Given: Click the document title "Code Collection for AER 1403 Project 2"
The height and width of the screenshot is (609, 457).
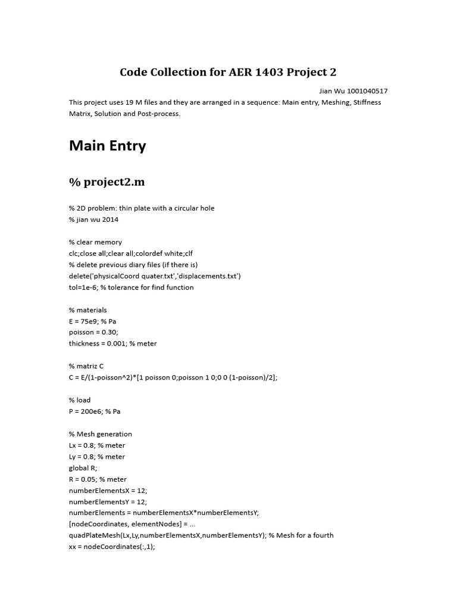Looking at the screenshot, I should pos(228,73).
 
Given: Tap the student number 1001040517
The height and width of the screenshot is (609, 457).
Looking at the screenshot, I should pos(367,91).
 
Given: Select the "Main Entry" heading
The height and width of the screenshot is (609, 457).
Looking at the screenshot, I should pos(107,146).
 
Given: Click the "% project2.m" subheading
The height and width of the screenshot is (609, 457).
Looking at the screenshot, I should pos(107,182).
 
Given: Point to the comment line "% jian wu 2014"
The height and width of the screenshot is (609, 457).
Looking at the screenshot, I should pos(93,219).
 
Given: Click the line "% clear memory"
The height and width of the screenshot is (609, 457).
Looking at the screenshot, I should pos(95,242).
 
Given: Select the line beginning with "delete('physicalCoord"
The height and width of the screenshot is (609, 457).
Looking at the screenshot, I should pos(155,276).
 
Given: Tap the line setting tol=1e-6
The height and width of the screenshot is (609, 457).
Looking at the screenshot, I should pos(131,287).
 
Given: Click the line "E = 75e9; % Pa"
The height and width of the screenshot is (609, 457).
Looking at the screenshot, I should pos(92,321).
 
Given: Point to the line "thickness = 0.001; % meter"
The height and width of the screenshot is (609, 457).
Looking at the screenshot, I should pos(112,344).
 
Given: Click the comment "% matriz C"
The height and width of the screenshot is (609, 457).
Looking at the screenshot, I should pos(86,366).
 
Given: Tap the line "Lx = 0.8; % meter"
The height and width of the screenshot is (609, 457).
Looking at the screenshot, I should pos(97,445).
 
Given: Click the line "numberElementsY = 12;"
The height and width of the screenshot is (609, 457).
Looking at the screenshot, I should pos(108,502).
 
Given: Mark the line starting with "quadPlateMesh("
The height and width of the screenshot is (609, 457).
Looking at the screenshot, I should pos(201,535).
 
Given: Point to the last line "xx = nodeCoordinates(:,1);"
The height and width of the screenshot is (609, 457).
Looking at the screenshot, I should pos(112,547).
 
